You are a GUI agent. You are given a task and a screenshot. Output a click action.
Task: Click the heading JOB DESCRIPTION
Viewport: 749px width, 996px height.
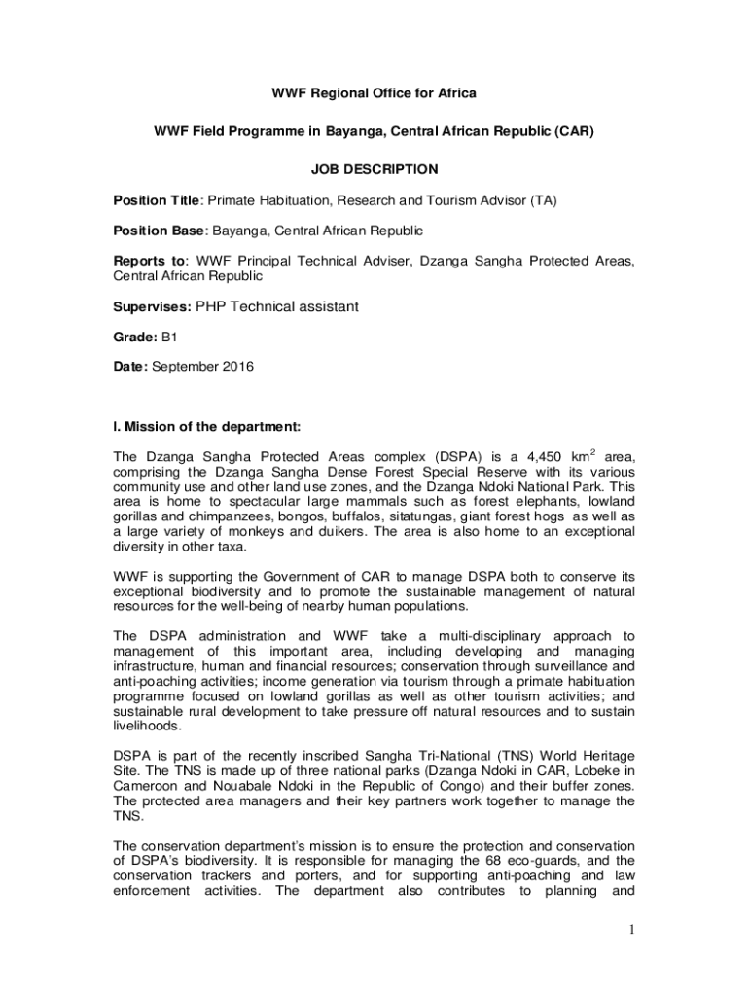coord(374,169)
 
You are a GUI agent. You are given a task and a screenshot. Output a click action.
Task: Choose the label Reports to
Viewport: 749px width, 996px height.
coord(150,261)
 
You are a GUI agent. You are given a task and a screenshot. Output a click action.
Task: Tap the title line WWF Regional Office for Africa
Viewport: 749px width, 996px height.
coord(374,93)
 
